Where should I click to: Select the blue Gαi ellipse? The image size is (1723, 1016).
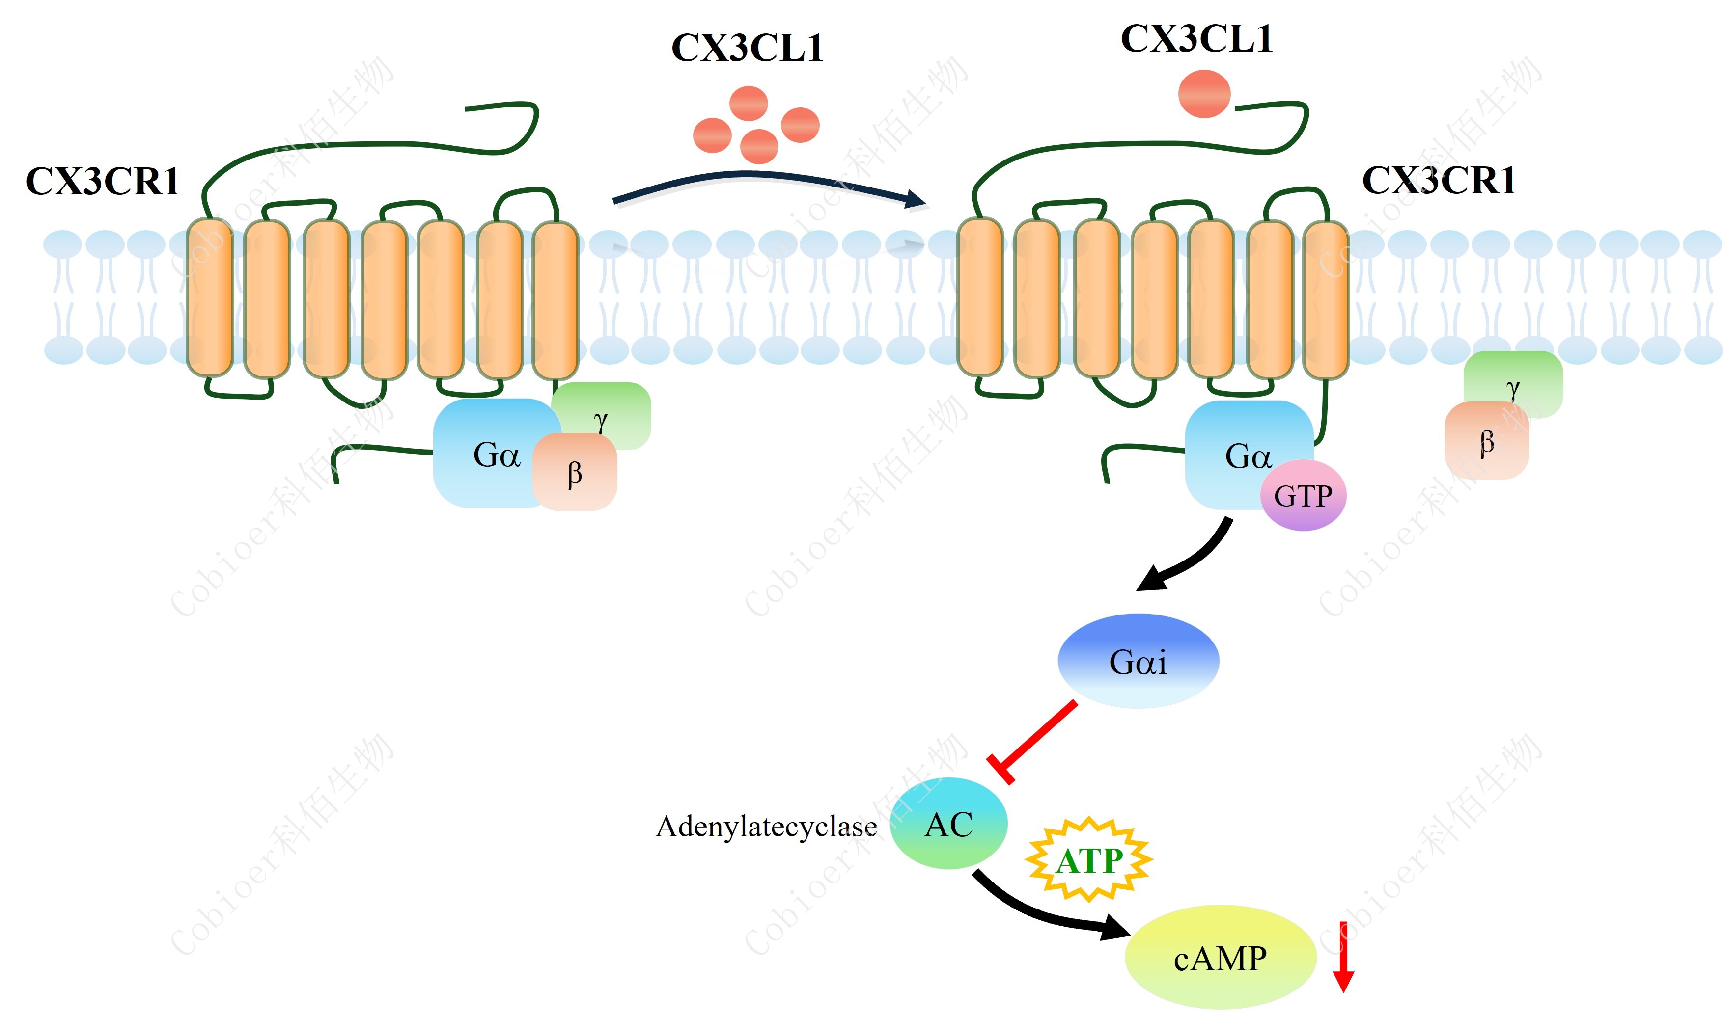(1138, 661)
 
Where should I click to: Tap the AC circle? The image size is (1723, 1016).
(948, 824)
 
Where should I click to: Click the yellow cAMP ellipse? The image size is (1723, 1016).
(1220, 957)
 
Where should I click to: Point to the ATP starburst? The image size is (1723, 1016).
(1088, 859)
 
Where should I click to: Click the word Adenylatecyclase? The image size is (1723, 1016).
(766, 827)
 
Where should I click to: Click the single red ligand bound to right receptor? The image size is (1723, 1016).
(1204, 94)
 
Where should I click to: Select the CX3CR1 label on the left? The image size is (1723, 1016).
(102, 182)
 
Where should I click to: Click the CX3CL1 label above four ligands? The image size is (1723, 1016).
(747, 48)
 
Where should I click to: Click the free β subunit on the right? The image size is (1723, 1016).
(1486, 442)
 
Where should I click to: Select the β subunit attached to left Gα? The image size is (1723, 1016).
(575, 472)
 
